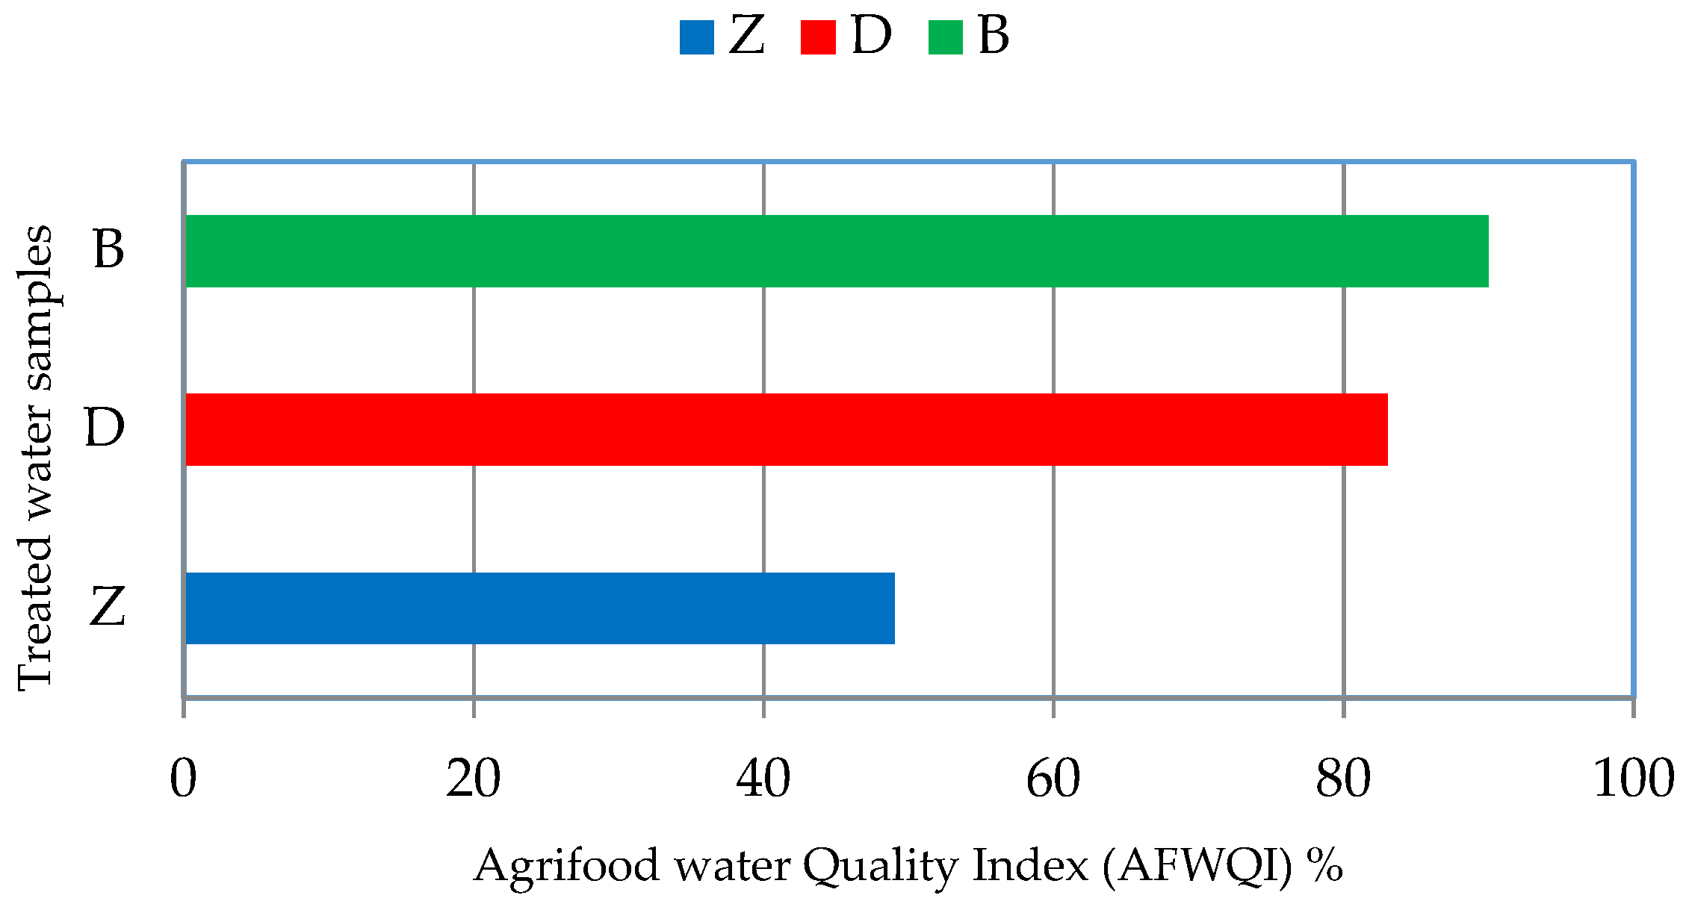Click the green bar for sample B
tap(837, 251)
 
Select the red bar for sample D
tap(786, 429)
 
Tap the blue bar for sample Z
tap(539, 608)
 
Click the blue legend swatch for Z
tap(697, 37)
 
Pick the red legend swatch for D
tap(818, 37)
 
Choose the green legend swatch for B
tap(946, 37)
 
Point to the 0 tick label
tap(183, 779)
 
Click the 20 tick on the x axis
tap(473, 779)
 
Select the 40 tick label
tap(763, 779)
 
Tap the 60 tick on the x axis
tap(1053, 779)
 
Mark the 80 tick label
tap(1343, 779)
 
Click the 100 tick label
tap(1633, 779)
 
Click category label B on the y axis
tap(108, 249)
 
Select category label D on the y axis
tap(105, 428)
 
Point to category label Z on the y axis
tap(107, 606)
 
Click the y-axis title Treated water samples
tap(36, 457)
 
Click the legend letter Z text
tap(746, 36)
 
